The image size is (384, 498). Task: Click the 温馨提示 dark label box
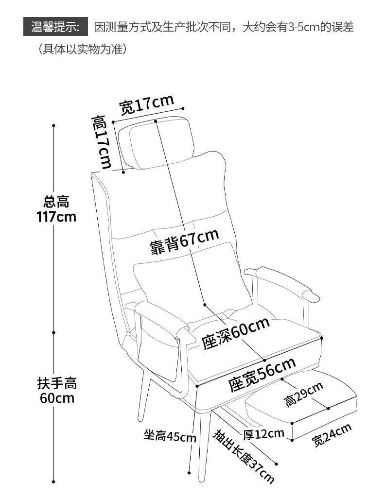click(55, 26)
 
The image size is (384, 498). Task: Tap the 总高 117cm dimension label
click(57, 209)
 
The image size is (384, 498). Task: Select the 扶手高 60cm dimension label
click(57, 391)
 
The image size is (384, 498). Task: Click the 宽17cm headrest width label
click(146, 104)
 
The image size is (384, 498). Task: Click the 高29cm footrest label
click(304, 394)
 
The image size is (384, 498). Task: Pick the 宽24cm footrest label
click(332, 435)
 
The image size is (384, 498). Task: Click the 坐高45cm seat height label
click(170, 436)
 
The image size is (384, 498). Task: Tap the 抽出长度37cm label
click(244, 456)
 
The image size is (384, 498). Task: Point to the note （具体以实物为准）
click(83, 49)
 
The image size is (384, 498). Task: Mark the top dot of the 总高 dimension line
click(53, 126)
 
